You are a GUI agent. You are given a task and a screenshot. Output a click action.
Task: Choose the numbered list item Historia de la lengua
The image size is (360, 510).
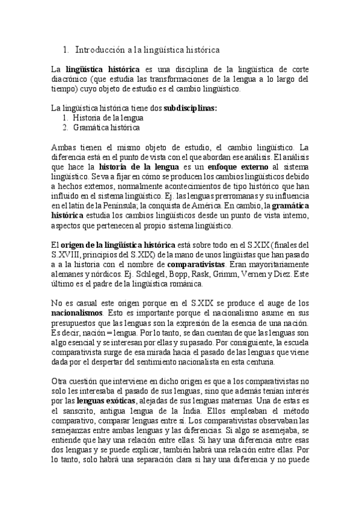pyautogui.click(x=108, y=118)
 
